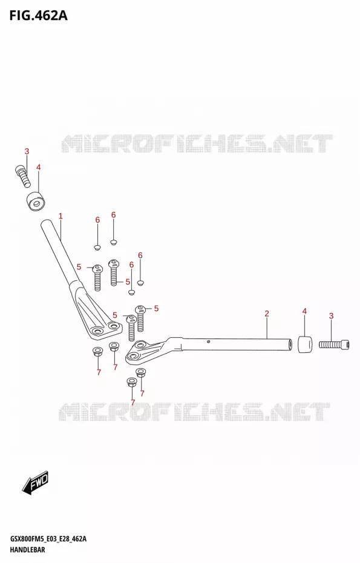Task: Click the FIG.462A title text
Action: pyautogui.click(x=38, y=15)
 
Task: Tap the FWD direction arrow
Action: pyautogui.click(x=35, y=481)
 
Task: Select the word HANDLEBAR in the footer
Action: pyautogui.click(x=27, y=549)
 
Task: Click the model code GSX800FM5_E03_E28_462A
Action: pyautogui.click(x=48, y=539)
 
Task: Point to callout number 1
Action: pyautogui.click(x=61, y=216)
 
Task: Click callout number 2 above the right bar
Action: pyautogui.click(x=267, y=314)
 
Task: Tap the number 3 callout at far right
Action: pyautogui.click(x=332, y=316)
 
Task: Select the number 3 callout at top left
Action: pyautogui.click(x=27, y=151)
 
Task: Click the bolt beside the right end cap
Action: pyautogui.click(x=334, y=344)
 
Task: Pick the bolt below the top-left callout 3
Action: pyautogui.click(x=23, y=176)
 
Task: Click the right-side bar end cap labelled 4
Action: pyautogui.click(x=305, y=344)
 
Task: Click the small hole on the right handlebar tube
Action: pyautogui.click(x=208, y=341)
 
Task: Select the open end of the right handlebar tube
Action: pyautogui.click(x=289, y=344)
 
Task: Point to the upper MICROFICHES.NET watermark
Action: pyautogui.click(x=197, y=143)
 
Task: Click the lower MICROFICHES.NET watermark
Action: pyautogui.click(x=194, y=412)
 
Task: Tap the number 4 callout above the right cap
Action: pyautogui.click(x=304, y=311)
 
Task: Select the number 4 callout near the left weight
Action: pyautogui.click(x=38, y=167)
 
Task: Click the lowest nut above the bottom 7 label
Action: pyautogui.click(x=132, y=383)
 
